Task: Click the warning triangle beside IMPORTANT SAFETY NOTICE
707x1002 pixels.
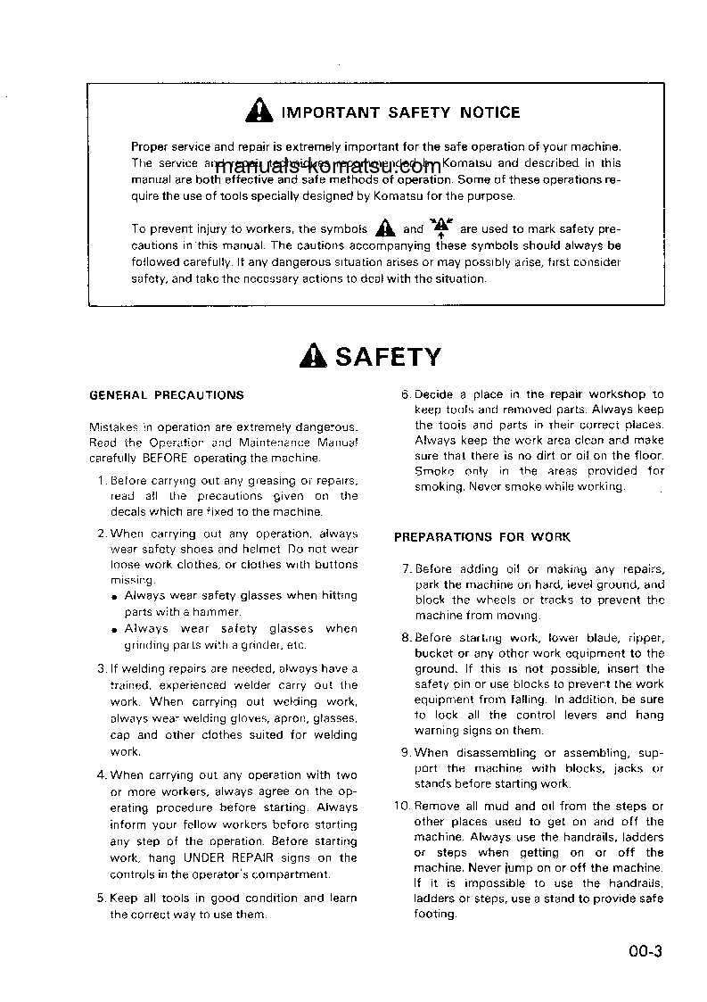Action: click(x=259, y=112)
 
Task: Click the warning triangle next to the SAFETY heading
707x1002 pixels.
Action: click(x=315, y=357)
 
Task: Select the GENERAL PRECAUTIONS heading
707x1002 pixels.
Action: click(x=167, y=394)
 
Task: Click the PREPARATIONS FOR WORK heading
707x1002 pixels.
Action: click(x=482, y=537)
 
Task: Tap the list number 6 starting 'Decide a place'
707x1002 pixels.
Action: click(x=405, y=394)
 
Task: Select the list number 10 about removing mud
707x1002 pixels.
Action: click(x=401, y=807)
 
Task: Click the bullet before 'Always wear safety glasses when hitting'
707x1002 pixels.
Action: click(x=115, y=597)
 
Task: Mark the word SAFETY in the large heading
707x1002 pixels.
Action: click(x=388, y=357)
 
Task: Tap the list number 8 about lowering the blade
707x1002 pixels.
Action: click(x=405, y=638)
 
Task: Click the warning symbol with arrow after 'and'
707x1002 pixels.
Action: click(x=440, y=228)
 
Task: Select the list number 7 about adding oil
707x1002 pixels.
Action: click(x=405, y=569)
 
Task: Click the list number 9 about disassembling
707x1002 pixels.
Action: click(x=405, y=752)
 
